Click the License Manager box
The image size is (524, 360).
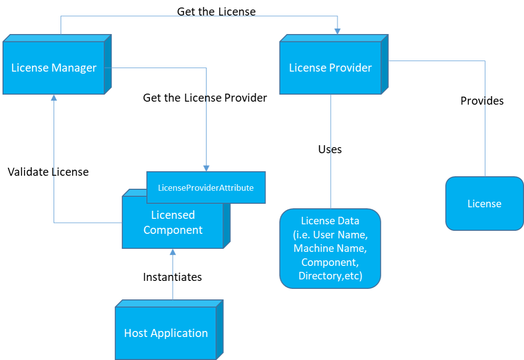tap(54, 68)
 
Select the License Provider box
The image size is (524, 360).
tap(330, 68)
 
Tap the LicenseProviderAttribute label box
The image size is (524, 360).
tap(206, 188)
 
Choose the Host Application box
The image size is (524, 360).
tap(166, 333)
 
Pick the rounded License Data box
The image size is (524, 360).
tap(330, 248)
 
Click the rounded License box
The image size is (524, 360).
tap(484, 204)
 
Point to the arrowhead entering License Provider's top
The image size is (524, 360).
tap(337, 31)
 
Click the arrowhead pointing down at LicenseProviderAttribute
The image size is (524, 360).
tap(206, 168)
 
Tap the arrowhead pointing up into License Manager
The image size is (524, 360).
tap(54, 98)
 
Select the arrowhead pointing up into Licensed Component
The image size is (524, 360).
tap(173, 252)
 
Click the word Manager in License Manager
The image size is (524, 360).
tap(76, 68)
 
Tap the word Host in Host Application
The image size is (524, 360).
tap(135, 333)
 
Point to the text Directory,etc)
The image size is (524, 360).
tap(330, 276)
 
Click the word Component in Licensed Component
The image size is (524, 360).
tap(173, 230)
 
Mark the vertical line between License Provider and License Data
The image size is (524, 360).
tap(331, 150)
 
